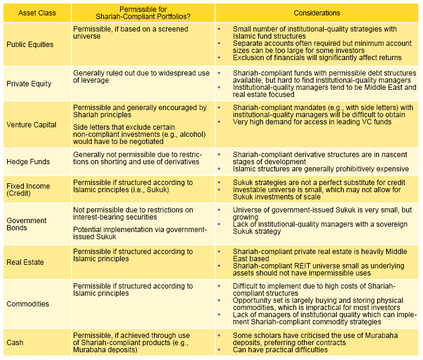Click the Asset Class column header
coord(35,12)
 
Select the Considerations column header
coord(317,12)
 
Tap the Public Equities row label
coord(30,44)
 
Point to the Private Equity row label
coord(29,84)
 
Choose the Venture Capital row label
coord(31,125)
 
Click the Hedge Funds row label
coord(28,161)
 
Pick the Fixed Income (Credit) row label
coord(28,190)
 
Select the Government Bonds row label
coord(26,224)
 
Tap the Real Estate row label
coord(25,262)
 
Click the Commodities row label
coord(27,304)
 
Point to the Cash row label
coord(15,343)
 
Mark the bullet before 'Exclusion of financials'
coord(219,58)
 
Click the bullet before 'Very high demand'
coord(219,122)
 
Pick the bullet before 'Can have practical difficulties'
coord(219,349)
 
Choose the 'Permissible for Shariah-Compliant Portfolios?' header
coord(143,12)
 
